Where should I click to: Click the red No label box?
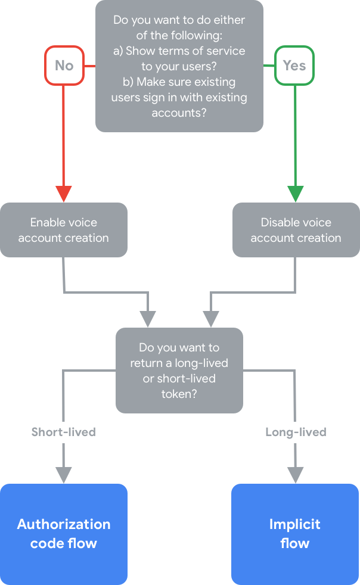[x=64, y=65]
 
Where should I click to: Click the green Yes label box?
[x=294, y=65]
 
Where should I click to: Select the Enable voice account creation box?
[x=64, y=230]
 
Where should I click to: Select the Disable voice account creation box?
[x=296, y=230]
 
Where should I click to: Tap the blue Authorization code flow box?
[x=64, y=534]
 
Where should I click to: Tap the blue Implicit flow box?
[x=295, y=534]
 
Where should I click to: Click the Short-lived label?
[x=64, y=432]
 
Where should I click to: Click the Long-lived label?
[x=296, y=432]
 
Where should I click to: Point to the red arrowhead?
[x=64, y=194]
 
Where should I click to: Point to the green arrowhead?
[x=295, y=194]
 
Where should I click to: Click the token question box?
[x=179, y=370]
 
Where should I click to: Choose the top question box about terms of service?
[x=179, y=66]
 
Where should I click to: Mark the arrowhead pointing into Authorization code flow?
[x=64, y=474]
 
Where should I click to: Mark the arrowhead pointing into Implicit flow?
[x=295, y=474]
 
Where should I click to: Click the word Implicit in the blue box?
[x=295, y=524]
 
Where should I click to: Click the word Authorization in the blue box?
[x=64, y=524]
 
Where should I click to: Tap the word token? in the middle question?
[x=179, y=394]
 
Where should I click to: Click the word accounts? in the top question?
[x=179, y=113]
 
